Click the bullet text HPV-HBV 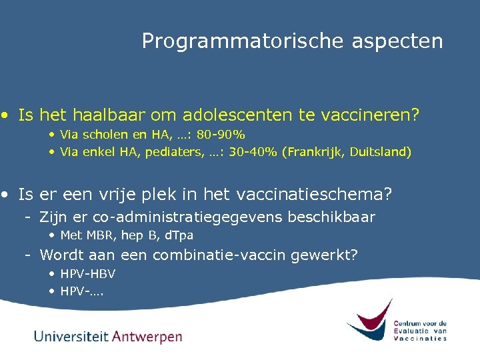87,273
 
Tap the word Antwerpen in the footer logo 147,337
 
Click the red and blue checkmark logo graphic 369,321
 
